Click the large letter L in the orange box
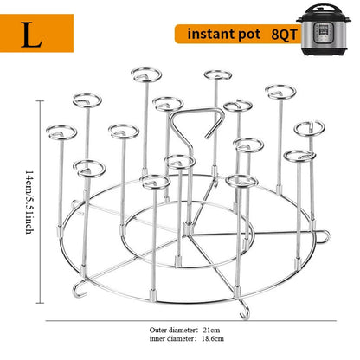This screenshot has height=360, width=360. (32, 35)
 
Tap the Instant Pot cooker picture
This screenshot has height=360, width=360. (323, 29)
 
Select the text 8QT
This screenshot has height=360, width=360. (284, 35)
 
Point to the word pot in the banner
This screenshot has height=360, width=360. (249, 35)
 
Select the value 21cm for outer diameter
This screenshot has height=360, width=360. (211, 330)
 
